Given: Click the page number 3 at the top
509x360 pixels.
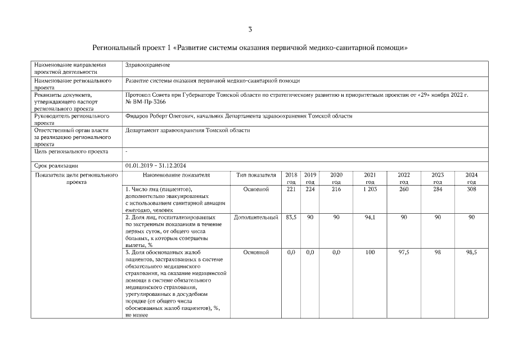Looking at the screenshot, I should coord(250,29).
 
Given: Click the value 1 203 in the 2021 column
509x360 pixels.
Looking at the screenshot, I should coord(370,190).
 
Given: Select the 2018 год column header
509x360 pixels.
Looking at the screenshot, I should coord(291,178).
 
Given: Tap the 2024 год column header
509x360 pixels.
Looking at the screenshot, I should coord(471,178).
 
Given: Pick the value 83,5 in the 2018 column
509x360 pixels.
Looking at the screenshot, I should coord(291,217).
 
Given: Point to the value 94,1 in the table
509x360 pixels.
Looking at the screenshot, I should coord(370,217).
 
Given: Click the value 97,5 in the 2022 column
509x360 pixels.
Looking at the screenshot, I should coord(404,253).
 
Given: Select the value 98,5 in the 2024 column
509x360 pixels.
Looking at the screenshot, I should coord(471,253).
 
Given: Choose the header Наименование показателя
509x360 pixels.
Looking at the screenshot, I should coord(176,175).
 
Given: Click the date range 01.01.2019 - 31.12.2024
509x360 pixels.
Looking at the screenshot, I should coord(156,165).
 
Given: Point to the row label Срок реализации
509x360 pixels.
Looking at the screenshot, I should coord(56,165).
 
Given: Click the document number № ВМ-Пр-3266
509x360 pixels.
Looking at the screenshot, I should coord(146,102).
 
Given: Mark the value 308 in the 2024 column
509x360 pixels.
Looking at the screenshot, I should coord(471,190).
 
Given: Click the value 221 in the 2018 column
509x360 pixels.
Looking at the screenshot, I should coord(291,190).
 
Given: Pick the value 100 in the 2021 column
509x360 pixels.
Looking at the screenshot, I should coord(370,253).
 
